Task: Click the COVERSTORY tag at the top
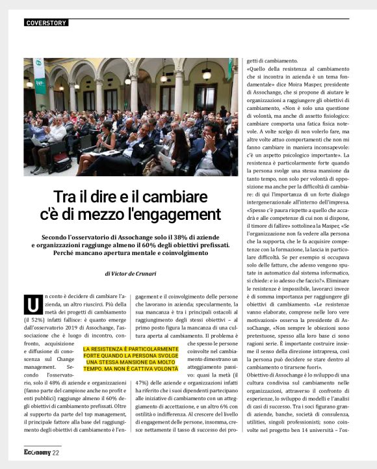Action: pos(46,23)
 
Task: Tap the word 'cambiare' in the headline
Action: pos(171,196)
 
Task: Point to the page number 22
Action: pos(56,453)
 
